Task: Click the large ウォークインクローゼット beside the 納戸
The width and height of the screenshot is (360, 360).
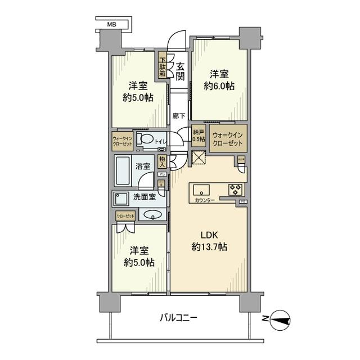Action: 227,139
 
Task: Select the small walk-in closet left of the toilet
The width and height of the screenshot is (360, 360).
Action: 122,141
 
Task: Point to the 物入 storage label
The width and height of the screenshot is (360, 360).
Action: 162,162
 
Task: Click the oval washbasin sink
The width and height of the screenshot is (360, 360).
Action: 152,214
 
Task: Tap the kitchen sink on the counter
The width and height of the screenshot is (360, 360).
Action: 201,189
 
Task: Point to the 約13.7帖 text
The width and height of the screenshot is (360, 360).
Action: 209,246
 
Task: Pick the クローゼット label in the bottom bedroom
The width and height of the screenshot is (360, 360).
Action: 125,216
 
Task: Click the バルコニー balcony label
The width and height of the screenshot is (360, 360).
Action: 177,318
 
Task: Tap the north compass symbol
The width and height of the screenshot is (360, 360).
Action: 280,319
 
